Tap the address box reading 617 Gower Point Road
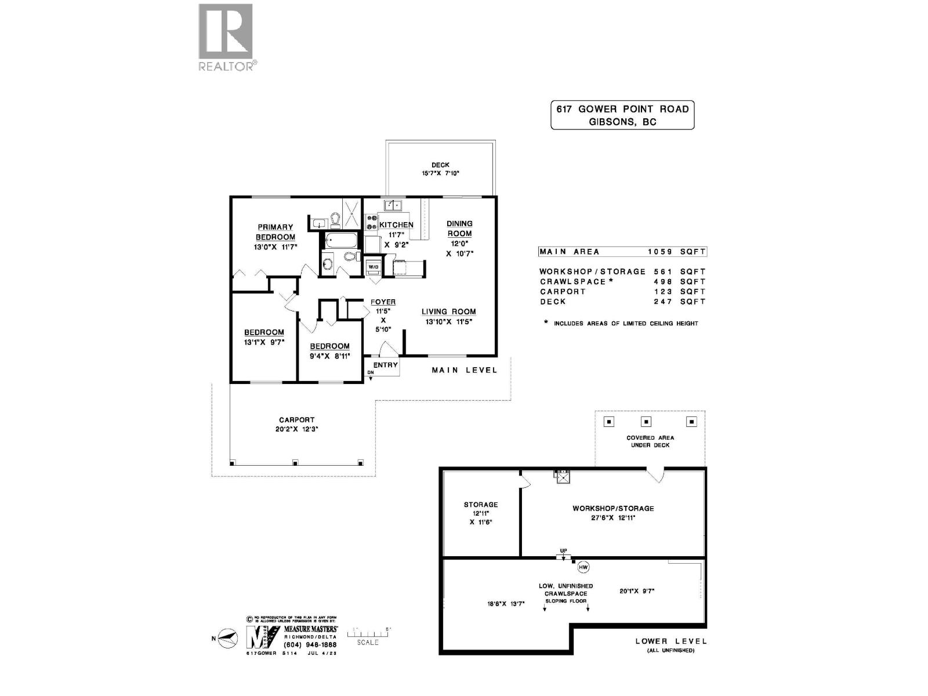(x=622, y=115)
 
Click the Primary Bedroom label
(x=275, y=232)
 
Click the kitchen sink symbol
(x=393, y=205)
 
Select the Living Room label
(x=448, y=311)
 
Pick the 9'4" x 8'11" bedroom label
(x=329, y=351)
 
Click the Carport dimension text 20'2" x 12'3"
(x=296, y=429)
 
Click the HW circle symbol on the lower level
(x=583, y=567)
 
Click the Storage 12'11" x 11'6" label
(x=481, y=513)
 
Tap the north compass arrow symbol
(x=229, y=637)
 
